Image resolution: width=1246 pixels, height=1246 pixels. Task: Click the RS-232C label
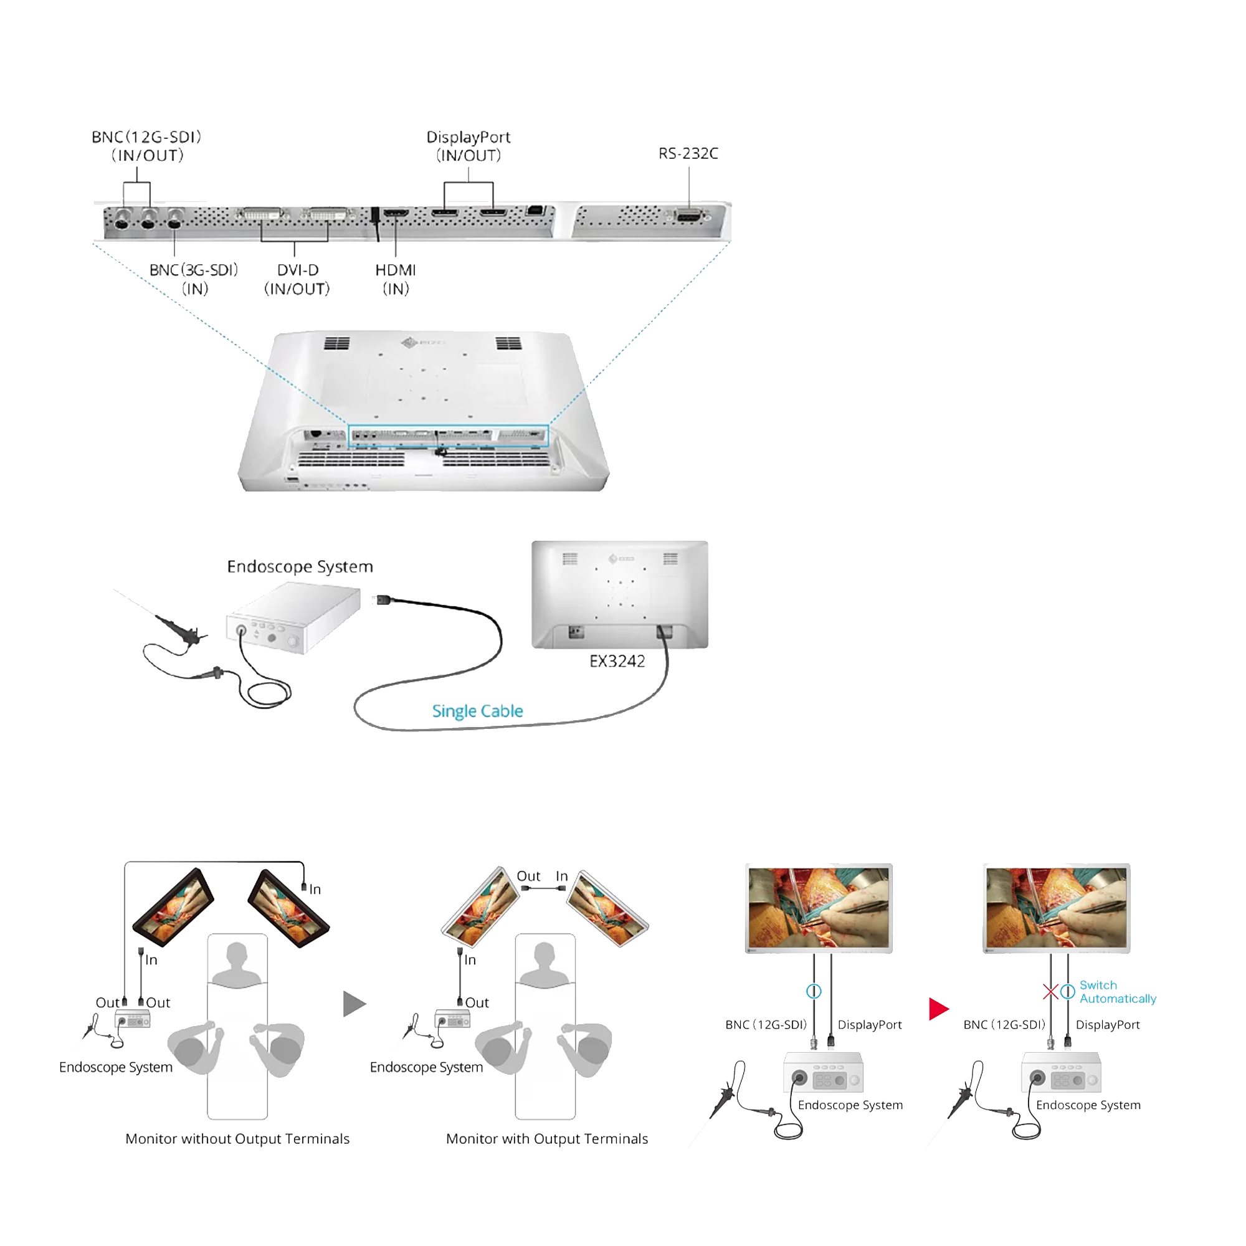pyautogui.click(x=688, y=153)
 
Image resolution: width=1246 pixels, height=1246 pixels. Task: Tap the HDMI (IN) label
pyautogui.click(x=396, y=279)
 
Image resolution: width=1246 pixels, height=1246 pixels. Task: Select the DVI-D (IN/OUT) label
pyautogui.click(x=297, y=279)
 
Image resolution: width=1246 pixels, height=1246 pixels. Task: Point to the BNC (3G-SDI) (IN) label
pyautogui.click(x=194, y=279)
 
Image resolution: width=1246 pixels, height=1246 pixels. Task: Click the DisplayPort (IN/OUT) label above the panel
pyautogui.click(x=468, y=146)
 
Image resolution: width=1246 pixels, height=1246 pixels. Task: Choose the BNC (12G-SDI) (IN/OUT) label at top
pyautogui.click(x=147, y=146)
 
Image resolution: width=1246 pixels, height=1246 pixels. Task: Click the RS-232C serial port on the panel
pyautogui.click(x=690, y=216)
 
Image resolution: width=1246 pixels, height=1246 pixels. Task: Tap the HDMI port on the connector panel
pyautogui.click(x=396, y=213)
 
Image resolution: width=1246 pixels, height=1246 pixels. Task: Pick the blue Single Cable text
pyautogui.click(x=477, y=711)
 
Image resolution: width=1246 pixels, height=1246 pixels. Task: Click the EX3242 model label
pyautogui.click(x=617, y=661)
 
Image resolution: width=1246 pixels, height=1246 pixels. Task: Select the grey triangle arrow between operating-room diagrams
pyautogui.click(x=354, y=1004)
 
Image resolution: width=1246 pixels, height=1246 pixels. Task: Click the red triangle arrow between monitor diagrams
pyautogui.click(x=938, y=1009)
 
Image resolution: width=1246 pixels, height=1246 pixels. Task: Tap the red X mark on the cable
pyautogui.click(x=1050, y=991)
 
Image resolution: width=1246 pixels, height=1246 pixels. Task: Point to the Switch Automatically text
pyautogui.click(x=1118, y=992)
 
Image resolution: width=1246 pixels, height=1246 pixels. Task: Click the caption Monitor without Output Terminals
pyautogui.click(x=237, y=1139)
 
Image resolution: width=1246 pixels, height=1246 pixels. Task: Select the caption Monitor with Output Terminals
pyautogui.click(x=547, y=1139)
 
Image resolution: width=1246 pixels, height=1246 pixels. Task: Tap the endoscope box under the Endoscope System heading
pyautogui.click(x=293, y=617)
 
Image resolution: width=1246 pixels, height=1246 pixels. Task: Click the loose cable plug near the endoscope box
pyautogui.click(x=384, y=600)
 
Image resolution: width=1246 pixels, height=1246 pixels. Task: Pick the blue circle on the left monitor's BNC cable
pyautogui.click(x=814, y=991)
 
